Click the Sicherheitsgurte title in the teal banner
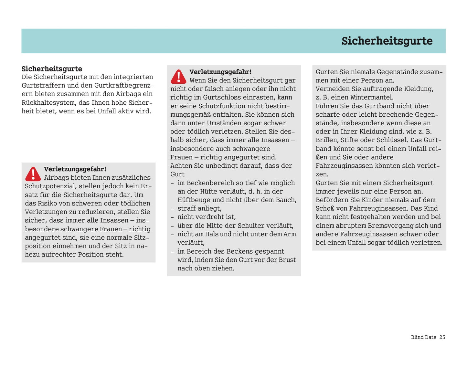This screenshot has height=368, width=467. point(387,41)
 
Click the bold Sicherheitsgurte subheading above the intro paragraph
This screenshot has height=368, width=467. point(52,68)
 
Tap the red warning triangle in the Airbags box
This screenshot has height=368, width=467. point(33,174)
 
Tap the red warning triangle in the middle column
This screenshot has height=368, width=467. point(178,77)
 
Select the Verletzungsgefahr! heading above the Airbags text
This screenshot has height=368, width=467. point(75,169)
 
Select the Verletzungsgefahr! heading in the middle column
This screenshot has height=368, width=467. point(220,72)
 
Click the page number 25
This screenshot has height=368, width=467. point(442,337)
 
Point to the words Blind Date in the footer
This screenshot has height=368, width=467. point(423,337)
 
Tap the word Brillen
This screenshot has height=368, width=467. point(326,140)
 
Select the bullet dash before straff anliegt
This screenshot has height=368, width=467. point(172,209)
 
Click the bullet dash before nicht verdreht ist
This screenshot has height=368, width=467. point(172,217)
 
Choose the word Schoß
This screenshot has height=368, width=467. point(325,208)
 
